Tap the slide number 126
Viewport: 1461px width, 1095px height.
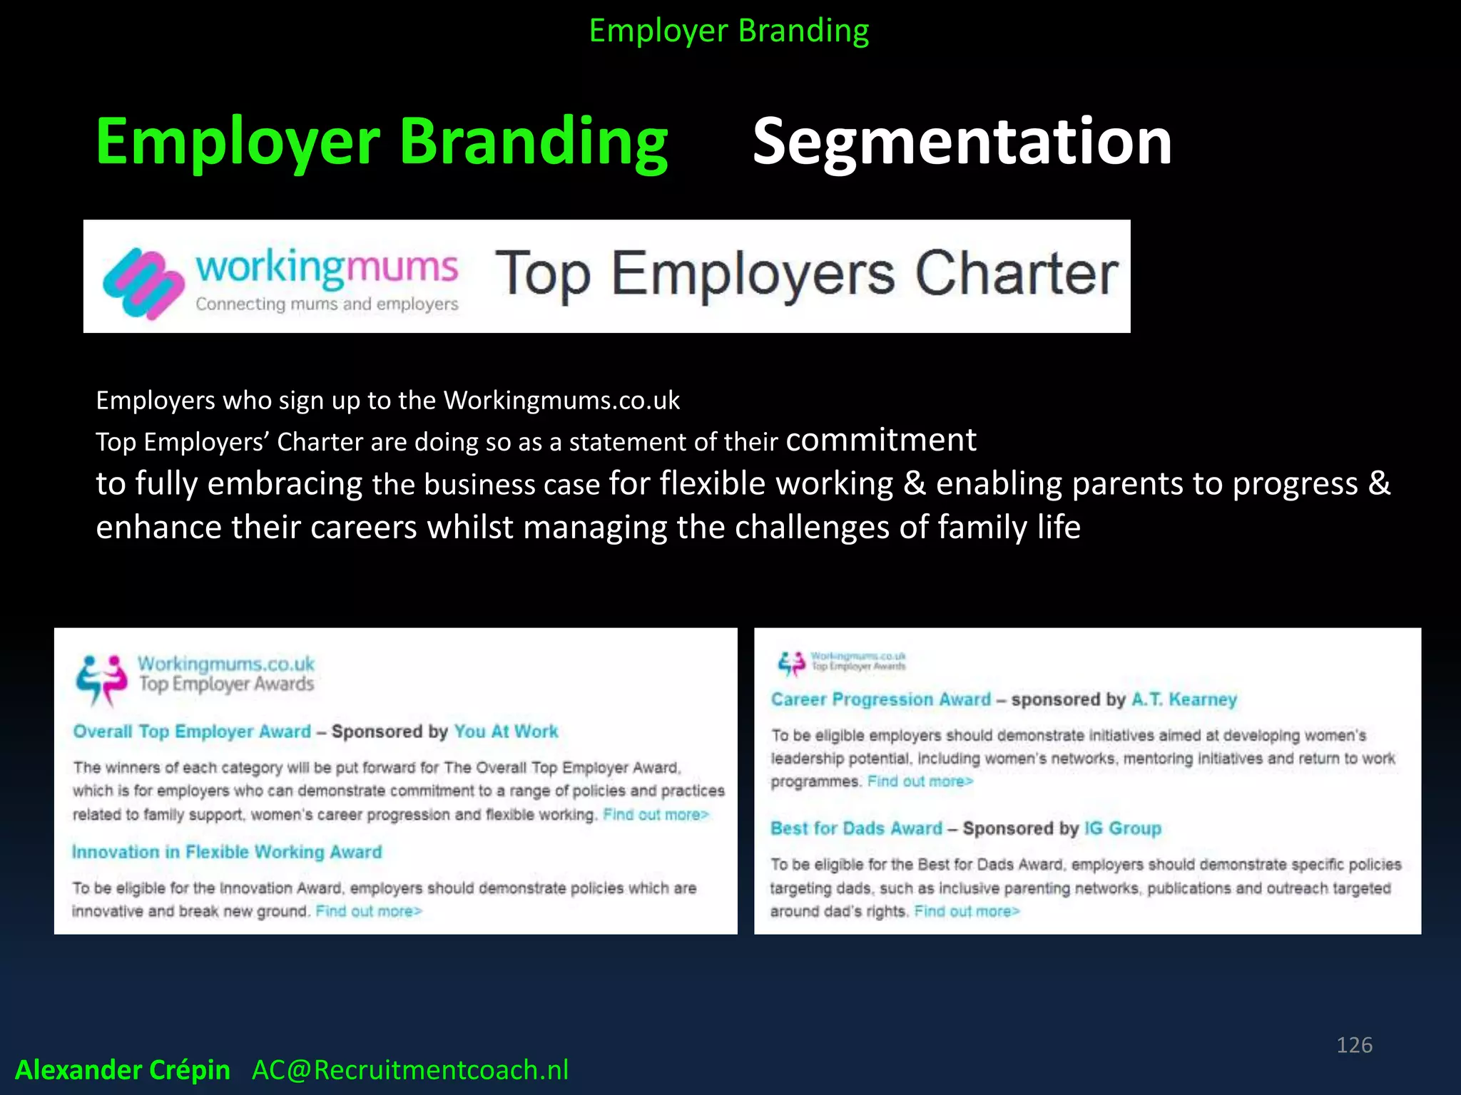(1354, 1044)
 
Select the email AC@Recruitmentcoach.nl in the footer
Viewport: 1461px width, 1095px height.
(410, 1069)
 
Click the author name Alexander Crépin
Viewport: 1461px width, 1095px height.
(123, 1069)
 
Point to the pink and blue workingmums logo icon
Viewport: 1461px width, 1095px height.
(143, 282)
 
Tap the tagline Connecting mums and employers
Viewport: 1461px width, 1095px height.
(327, 304)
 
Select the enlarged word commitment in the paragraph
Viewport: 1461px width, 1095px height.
(880, 440)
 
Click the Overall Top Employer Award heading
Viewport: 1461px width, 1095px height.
(192, 731)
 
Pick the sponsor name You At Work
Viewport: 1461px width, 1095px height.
(506, 731)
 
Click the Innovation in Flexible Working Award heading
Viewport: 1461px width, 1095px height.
(227, 852)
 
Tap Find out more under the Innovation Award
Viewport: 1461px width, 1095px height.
(369, 911)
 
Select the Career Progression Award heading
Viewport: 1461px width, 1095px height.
(880, 699)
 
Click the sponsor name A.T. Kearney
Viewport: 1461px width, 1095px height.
(1183, 699)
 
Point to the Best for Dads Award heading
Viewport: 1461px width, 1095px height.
(856, 828)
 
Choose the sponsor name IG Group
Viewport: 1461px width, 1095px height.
(1122, 828)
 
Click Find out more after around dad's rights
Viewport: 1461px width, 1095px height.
(967, 911)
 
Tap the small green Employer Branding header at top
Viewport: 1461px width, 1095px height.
(729, 31)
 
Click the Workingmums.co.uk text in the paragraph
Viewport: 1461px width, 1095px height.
(561, 401)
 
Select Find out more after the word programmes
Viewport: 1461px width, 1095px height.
(920, 781)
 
